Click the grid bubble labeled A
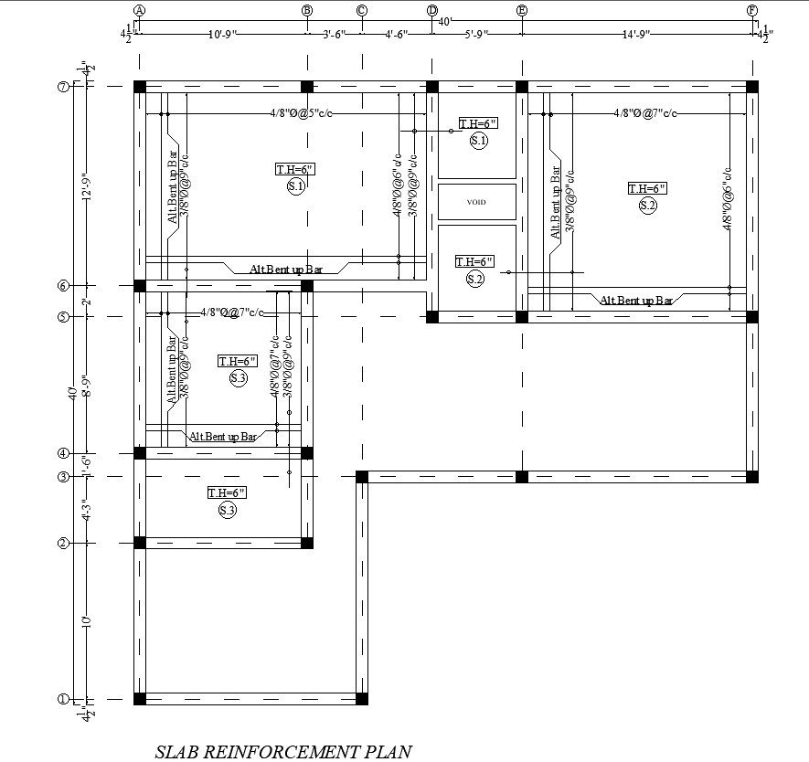[139, 10]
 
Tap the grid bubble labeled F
[752, 10]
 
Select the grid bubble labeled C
[362, 10]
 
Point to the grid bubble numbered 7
[63, 87]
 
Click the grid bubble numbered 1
[63, 699]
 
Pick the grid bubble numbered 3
[63, 477]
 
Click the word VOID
[476, 202]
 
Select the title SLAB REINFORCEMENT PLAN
[283, 751]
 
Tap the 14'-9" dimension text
[636, 35]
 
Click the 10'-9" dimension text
[222, 35]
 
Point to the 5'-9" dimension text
[476, 35]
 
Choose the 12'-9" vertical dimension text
[86, 186]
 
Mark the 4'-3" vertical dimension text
[86, 510]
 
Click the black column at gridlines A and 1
[140, 699]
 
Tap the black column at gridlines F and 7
[752, 87]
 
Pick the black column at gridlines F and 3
[752, 477]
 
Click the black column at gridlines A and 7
[140, 87]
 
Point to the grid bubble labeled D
[431, 10]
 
